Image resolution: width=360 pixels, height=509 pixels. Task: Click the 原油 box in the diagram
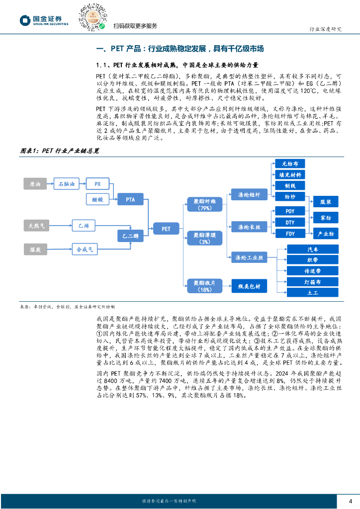point(35,184)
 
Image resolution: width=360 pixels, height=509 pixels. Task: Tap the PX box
point(97,184)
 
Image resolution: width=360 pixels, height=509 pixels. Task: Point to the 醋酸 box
point(97,199)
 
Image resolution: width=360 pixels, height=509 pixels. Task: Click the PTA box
point(130,199)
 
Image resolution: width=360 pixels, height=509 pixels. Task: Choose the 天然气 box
point(36,226)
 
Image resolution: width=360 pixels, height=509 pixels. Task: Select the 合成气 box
point(84,249)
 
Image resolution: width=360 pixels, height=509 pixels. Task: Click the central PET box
point(166,229)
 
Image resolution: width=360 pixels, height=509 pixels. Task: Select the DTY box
point(290,222)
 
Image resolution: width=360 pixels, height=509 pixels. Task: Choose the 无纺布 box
point(290,163)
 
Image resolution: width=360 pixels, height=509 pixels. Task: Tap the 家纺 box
point(326,217)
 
